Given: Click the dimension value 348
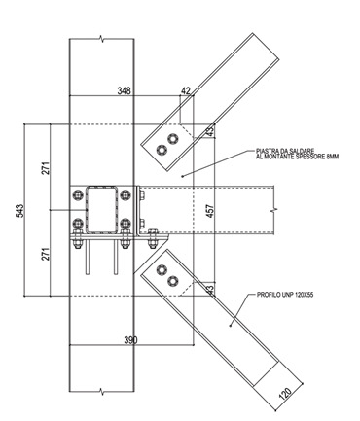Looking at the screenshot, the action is [125, 90].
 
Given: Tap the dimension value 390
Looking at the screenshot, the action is [130, 340].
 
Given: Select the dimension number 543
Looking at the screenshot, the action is [20, 211].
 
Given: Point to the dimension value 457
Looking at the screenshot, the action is [210, 211].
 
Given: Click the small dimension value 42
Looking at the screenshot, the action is [186, 90].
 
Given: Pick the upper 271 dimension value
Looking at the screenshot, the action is [46, 168].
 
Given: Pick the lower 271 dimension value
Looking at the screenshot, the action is [46, 254].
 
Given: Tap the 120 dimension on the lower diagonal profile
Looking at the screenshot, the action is [285, 393].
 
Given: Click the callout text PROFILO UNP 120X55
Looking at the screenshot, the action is [285, 295].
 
